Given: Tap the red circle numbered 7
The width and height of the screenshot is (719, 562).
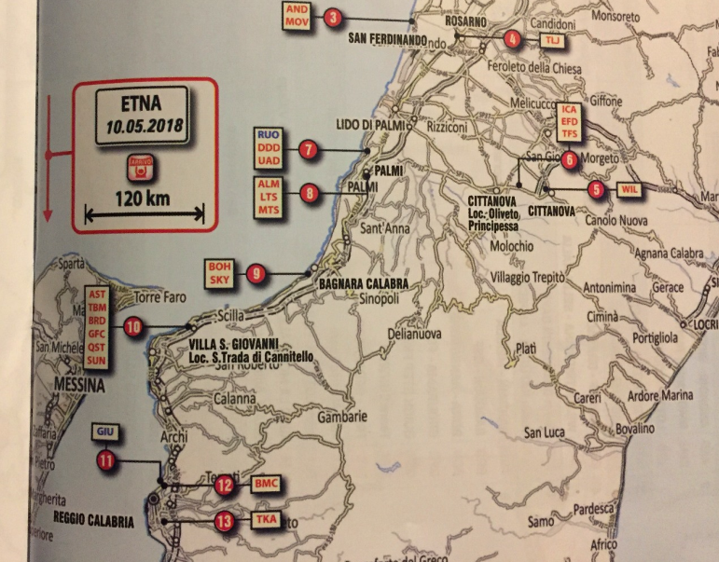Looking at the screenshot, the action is click(307, 150).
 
